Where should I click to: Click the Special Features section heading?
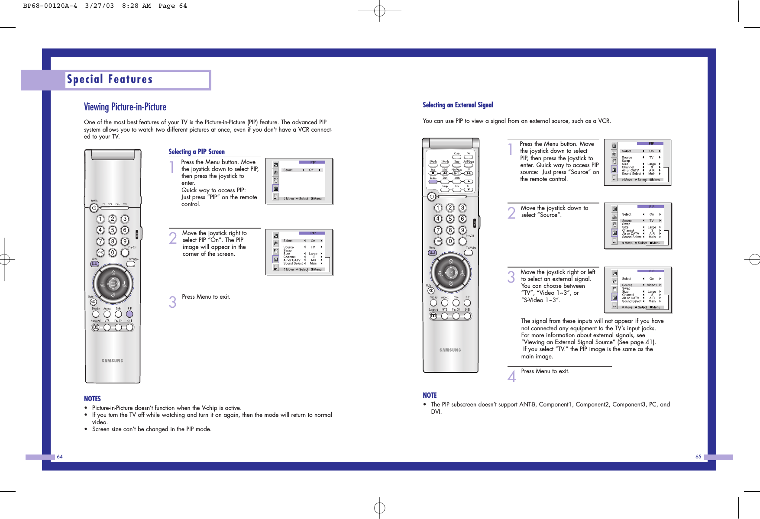pos(110,80)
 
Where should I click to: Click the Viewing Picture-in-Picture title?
pos(125,107)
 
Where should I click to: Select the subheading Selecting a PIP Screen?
pos(197,152)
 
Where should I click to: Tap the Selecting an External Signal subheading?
pos(458,105)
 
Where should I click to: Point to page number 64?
pos(60,457)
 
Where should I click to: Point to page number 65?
pos(698,457)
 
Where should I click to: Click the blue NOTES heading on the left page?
pos(92,399)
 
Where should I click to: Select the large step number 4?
pos(512,375)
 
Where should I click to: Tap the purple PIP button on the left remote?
pos(129,314)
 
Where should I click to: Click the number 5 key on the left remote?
pos(113,230)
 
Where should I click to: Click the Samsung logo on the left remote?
pos(112,361)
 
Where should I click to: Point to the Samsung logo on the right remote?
pos(450,350)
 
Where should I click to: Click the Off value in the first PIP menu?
pos(311,170)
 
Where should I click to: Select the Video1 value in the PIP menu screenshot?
pos(652,285)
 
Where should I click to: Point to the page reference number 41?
pos(650,342)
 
